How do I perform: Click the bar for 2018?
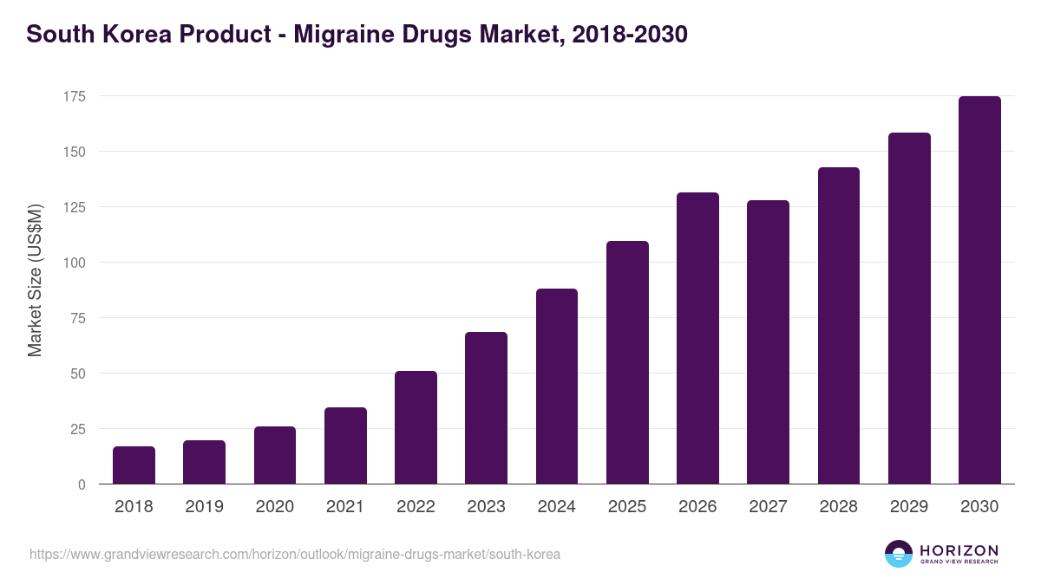134,465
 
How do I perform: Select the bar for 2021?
345,445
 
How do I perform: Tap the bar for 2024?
557,387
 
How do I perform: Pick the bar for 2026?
697,338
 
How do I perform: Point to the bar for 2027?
768,342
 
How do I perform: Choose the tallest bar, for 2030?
979,290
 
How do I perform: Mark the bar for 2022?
416,427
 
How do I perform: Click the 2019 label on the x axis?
204,507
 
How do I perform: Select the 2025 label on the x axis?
627,507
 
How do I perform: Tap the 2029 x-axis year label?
909,507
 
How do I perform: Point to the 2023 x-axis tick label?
486,507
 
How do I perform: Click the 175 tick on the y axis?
74,96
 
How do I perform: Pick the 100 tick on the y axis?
74,263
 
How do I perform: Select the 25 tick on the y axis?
77,429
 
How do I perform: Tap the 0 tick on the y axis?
82,484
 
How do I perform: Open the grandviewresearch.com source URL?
295,554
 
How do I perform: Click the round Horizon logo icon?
899,554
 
